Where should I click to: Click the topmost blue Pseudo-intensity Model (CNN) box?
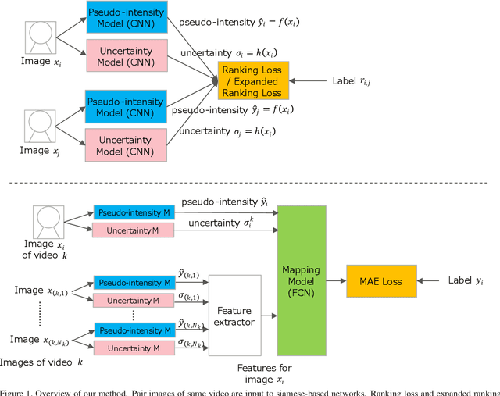(x=126, y=18)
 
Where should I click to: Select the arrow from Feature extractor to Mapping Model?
(x=268, y=315)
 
